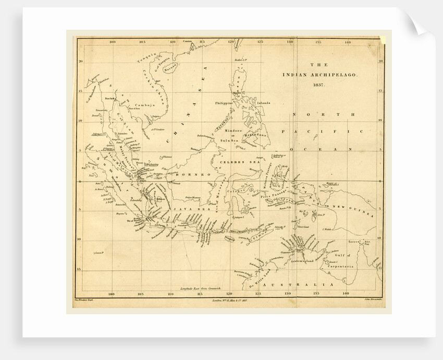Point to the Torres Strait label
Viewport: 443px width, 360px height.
[x=360, y=242]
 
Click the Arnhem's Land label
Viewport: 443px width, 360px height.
[x=300, y=260]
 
